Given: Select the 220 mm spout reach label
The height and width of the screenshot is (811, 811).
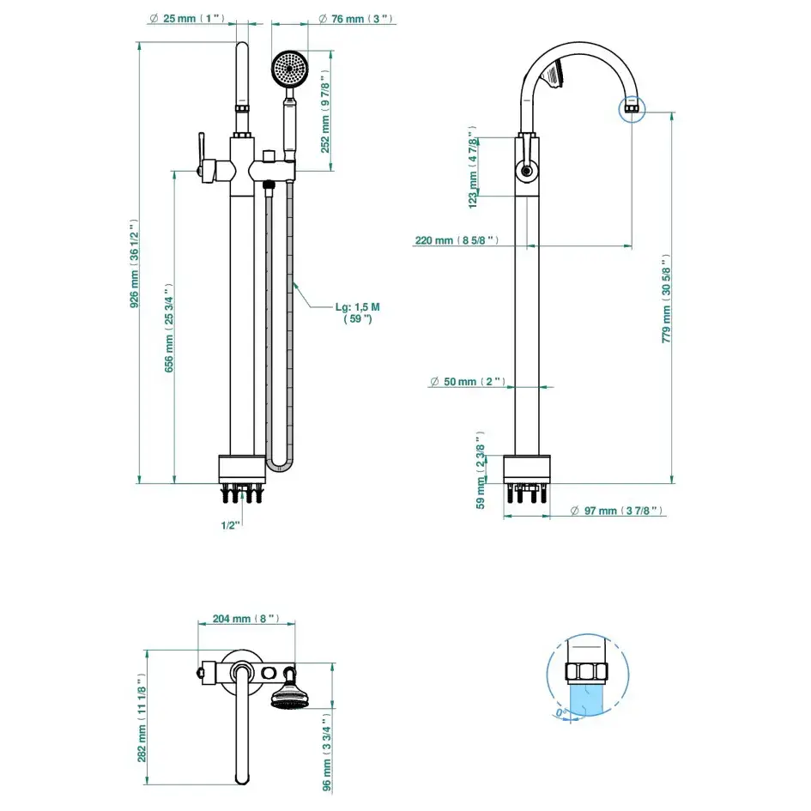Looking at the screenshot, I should (x=456, y=240).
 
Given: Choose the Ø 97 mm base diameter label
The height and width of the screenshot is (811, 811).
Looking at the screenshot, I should (x=617, y=511).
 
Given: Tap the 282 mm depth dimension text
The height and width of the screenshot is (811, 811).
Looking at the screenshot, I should (x=142, y=717).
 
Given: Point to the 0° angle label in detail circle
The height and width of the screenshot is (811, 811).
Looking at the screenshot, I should (x=561, y=712).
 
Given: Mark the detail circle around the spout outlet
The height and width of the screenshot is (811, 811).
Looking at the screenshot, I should (x=632, y=107).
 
